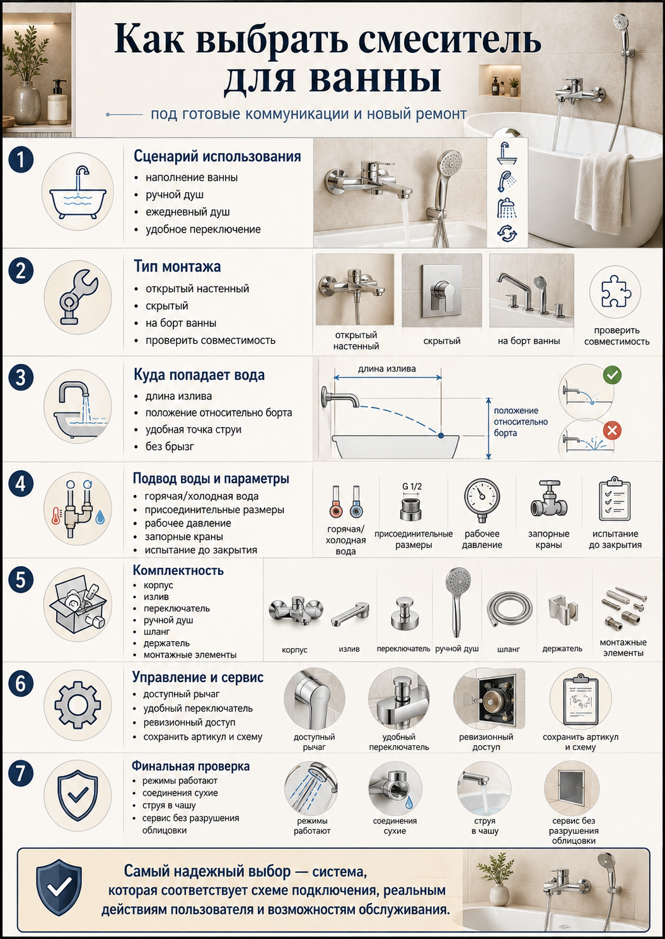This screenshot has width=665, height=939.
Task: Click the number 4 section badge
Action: click(x=20, y=484)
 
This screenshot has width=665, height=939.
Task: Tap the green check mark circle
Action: click(x=612, y=374)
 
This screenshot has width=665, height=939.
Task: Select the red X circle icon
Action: click(x=612, y=430)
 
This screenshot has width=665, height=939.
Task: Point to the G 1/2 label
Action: click(x=412, y=486)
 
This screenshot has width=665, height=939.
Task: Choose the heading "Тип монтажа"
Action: click(x=177, y=266)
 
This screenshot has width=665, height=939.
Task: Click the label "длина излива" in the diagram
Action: click(x=387, y=369)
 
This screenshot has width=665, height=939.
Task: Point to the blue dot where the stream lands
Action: click(x=441, y=436)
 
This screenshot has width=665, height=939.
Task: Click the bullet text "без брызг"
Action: click(x=170, y=447)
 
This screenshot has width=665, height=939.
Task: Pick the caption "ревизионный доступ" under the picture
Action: click(x=486, y=741)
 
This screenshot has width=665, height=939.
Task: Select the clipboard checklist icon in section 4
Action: click(x=615, y=499)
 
